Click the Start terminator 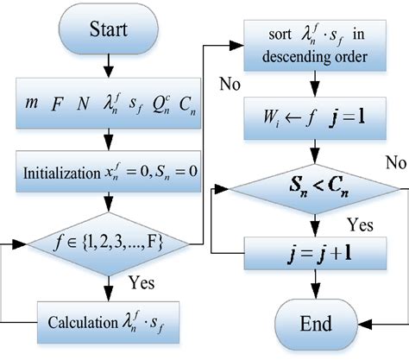point(107,32)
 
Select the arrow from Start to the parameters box point(107,68)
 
